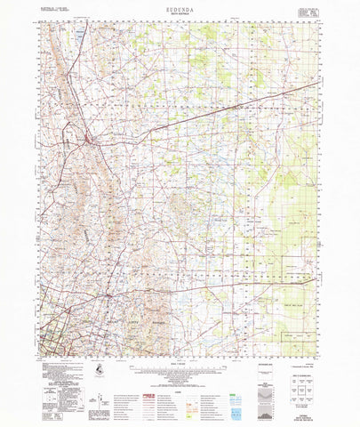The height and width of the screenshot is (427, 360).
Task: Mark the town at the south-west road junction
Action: point(108,294)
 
